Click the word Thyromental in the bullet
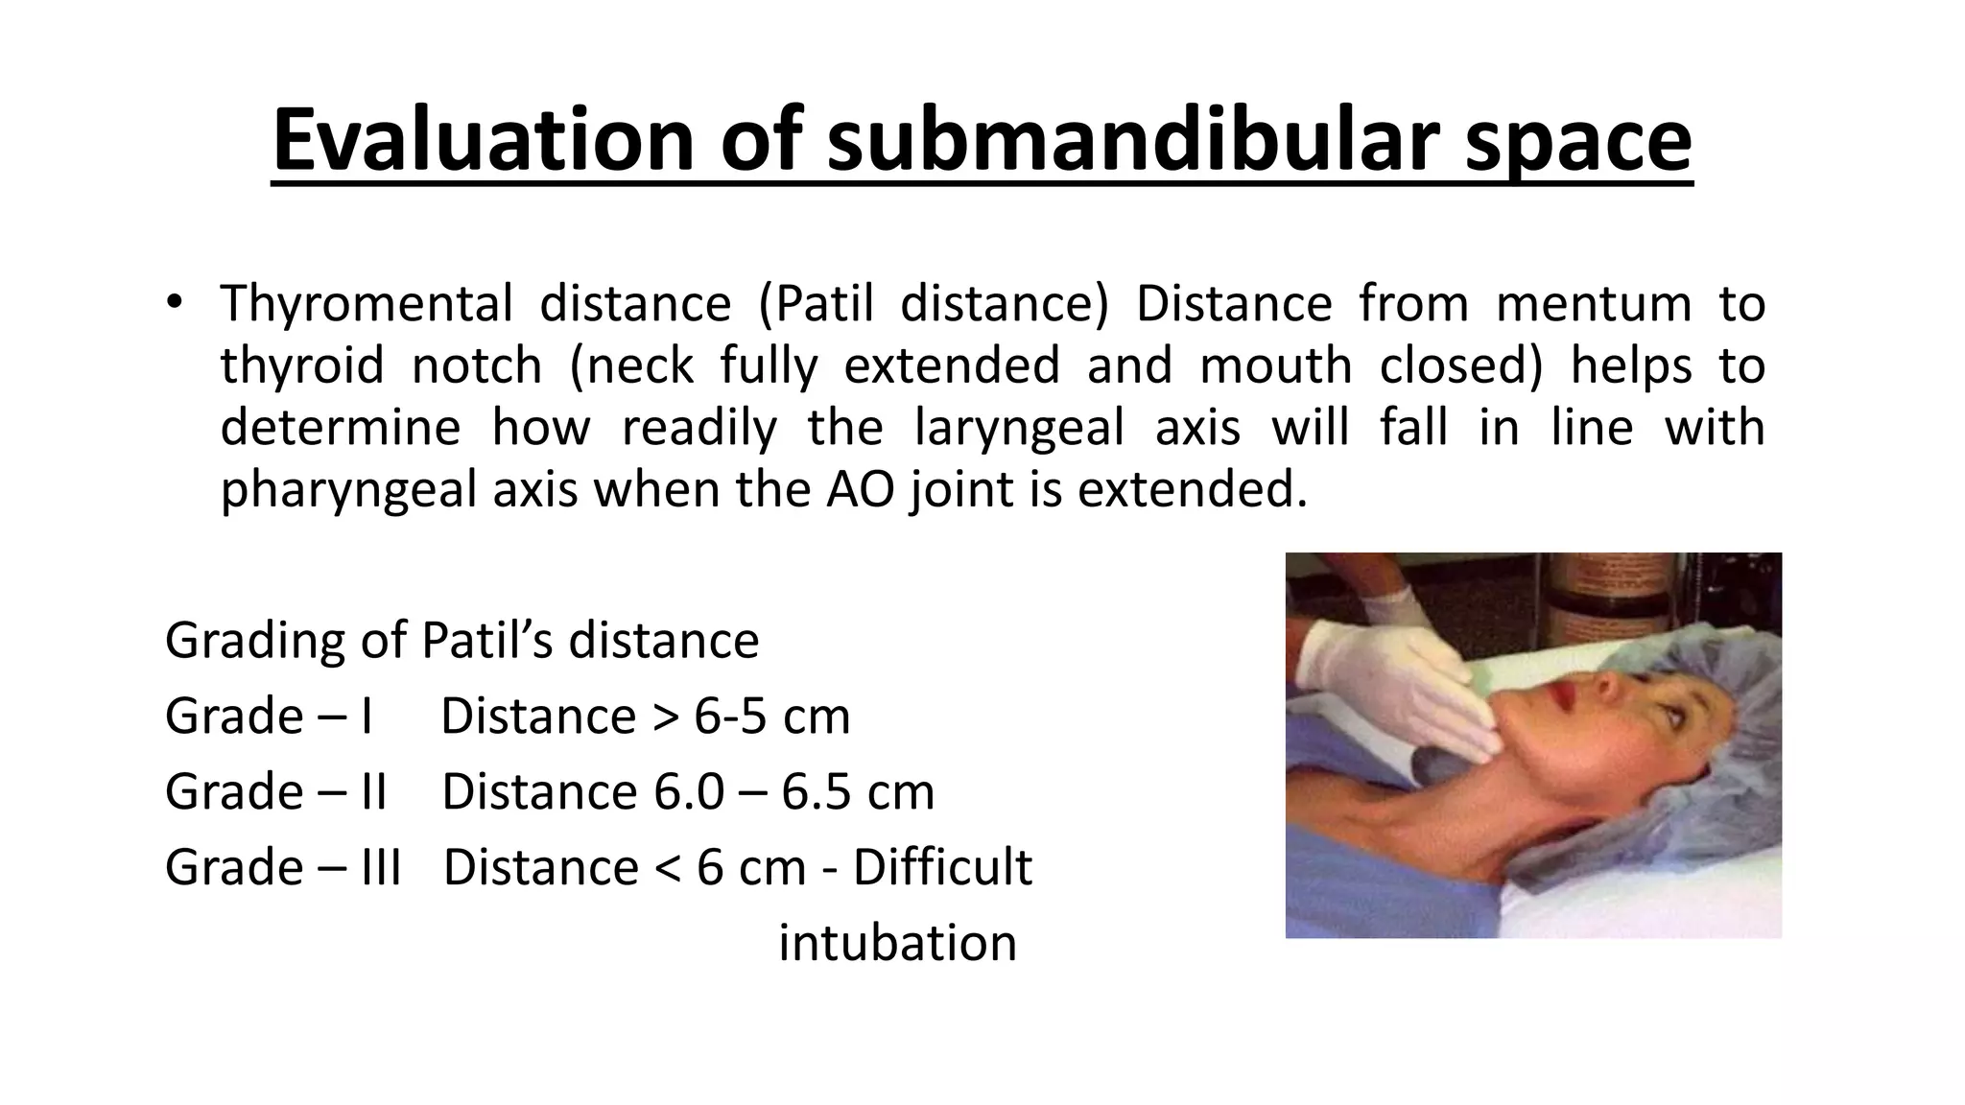(367, 304)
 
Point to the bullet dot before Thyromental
(173, 303)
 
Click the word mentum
(1593, 304)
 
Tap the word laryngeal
(1019, 427)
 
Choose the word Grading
(251, 641)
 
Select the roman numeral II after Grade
(369, 792)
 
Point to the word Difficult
(942, 867)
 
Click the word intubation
(897, 943)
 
